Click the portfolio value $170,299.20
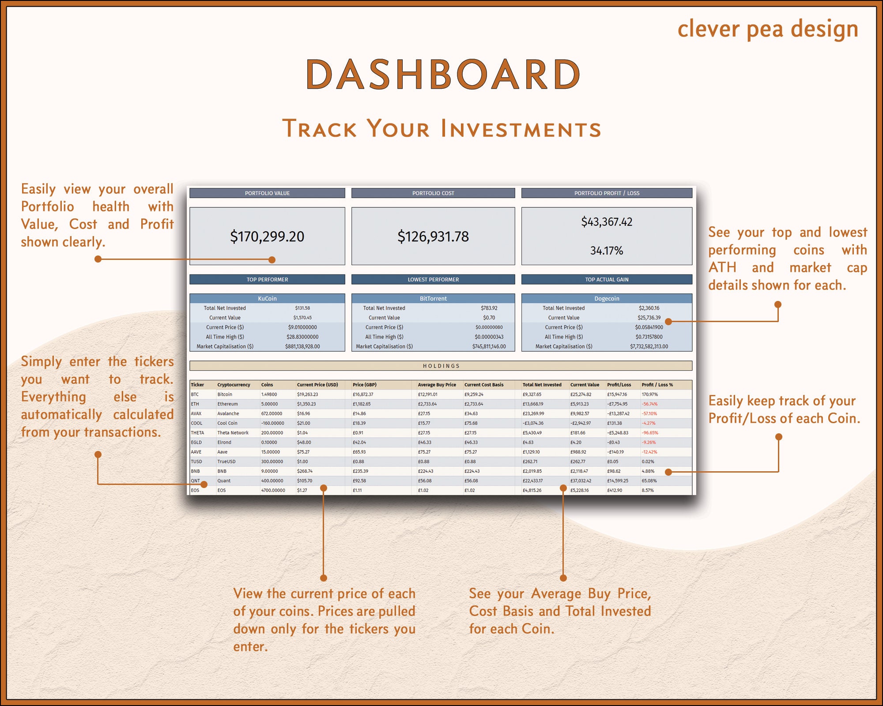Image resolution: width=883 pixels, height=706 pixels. click(x=267, y=237)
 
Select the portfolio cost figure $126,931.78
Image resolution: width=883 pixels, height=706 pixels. click(x=433, y=237)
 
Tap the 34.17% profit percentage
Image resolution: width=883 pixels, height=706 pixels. click(x=607, y=251)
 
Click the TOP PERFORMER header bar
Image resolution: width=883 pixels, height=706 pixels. click(x=267, y=279)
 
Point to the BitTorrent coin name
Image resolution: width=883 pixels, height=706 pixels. click(x=433, y=299)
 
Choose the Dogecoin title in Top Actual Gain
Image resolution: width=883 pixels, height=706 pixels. click(x=607, y=299)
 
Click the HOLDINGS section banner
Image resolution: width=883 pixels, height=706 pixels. click(x=441, y=366)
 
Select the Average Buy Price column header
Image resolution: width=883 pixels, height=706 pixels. click(x=437, y=385)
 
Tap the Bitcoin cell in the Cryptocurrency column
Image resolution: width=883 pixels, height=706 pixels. click(x=225, y=394)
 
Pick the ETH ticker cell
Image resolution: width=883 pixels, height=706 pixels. click(x=195, y=404)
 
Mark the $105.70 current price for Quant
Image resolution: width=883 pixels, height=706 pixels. click(x=305, y=481)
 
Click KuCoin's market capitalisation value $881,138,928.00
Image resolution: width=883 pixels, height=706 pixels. click(x=302, y=347)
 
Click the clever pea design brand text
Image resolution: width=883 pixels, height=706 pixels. click(x=768, y=29)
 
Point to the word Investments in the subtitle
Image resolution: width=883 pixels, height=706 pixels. click(x=521, y=129)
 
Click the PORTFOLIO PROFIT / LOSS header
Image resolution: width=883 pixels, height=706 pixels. click(x=607, y=193)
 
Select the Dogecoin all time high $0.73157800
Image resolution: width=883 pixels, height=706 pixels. click(x=649, y=337)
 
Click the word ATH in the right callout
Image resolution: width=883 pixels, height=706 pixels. click(x=722, y=267)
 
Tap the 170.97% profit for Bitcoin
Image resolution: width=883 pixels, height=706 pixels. click(x=649, y=394)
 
